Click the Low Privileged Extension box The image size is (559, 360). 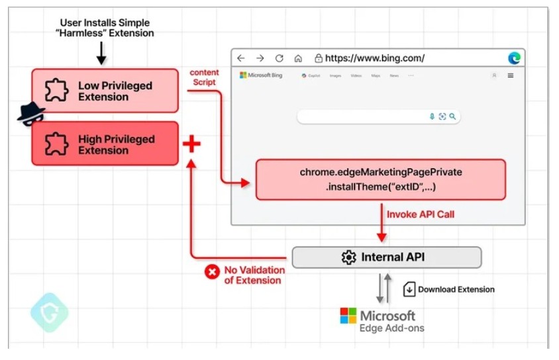105,91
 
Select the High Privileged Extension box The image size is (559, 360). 105,144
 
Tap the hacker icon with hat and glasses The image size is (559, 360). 30,114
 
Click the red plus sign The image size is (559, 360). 191,144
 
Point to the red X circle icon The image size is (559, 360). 212,271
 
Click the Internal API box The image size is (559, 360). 386,257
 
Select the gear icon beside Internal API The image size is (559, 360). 348,257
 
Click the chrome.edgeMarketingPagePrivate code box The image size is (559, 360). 380,179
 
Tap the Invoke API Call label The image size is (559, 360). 421,214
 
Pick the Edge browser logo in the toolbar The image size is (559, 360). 514,58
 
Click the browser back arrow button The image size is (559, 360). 241,58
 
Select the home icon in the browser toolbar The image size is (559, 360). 298,58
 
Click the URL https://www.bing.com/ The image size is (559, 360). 375,58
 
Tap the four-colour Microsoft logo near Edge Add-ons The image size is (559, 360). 348,316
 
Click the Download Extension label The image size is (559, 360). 456,289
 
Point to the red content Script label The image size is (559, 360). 203,77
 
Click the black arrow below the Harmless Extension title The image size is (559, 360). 101,53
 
